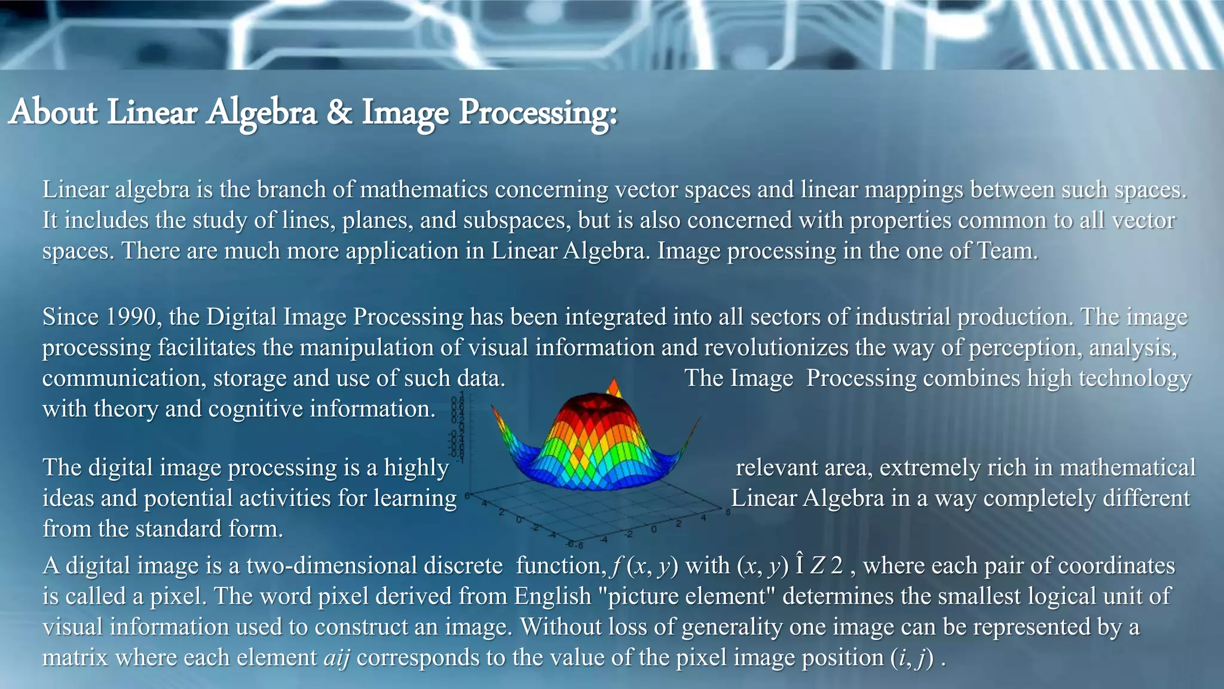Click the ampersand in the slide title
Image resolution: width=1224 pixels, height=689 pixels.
tap(339, 112)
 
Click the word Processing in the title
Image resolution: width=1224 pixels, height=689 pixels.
tap(537, 112)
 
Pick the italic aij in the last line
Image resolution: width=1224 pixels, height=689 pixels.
tap(336, 658)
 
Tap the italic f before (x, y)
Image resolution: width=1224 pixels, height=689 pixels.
tap(616, 566)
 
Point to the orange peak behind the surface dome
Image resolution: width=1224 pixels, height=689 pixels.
tap(614, 388)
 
